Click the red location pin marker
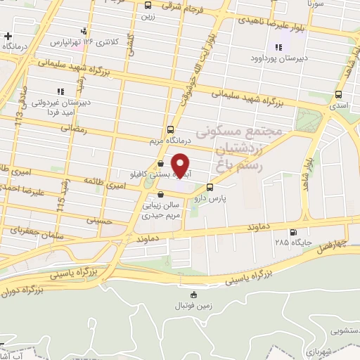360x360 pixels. click(x=181, y=165)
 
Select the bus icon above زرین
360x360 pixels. click(x=147, y=5)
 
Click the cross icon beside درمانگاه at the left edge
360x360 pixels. click(x=8, y=36)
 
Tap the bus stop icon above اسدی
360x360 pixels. click(x=339, y=94)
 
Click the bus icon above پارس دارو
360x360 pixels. click(x=210, y=187)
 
